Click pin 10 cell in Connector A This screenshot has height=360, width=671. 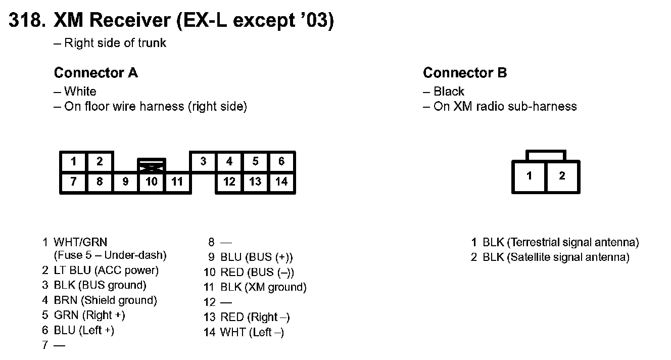[152, 181]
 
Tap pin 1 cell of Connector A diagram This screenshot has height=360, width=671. [74, 162]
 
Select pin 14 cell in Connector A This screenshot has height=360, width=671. [281, 181]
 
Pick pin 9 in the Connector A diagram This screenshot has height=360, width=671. [126, 181]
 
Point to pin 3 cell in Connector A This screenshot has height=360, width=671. [203, 162]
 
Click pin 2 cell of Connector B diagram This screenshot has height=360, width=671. [562, 176]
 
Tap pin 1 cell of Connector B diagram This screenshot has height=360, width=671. [529, 176]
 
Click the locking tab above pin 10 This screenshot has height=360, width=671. [152, 165]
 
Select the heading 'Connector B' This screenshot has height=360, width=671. [465, 73]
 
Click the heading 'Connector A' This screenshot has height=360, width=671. [95, 73]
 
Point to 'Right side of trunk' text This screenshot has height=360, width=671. [115, 43]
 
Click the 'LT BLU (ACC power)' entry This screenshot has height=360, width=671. [106, 271]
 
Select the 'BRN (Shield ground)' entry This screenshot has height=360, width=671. [105, 300]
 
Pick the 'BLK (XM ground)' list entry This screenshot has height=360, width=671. [263, 287]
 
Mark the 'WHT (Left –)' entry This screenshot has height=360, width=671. [252, 332]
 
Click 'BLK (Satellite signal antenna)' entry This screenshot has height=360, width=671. [556, 257]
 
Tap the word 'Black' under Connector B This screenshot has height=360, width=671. [449, 92]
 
